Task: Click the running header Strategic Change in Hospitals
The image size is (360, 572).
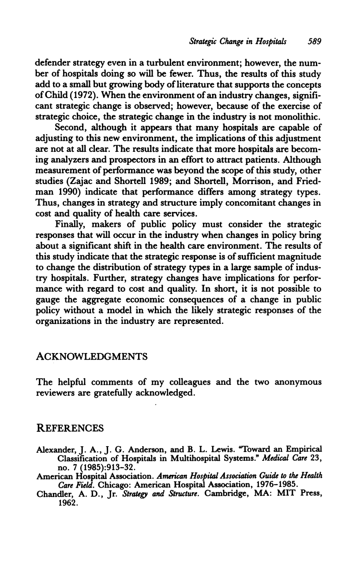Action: click(x=238, y=42)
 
